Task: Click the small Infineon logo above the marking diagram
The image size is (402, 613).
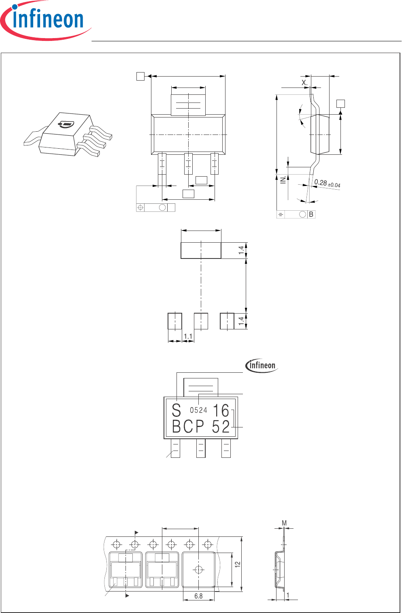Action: click(262, 365)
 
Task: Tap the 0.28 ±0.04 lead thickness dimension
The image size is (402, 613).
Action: click(327, 184)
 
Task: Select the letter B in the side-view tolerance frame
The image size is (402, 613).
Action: click(311, 214)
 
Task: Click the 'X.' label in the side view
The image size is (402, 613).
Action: click(305, 82)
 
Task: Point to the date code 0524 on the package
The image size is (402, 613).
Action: click(198, 410)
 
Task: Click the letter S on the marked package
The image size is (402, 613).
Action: click(176, 410)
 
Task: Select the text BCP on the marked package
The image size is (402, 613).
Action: click(188, 427)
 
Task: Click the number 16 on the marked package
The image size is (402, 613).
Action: click(221, 410)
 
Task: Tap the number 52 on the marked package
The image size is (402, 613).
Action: click(221, 427)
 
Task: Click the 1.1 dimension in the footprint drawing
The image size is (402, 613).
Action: click(188, 336)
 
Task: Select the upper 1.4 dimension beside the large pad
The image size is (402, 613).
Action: click(241, 250)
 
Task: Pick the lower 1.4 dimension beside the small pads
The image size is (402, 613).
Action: click(241, 321)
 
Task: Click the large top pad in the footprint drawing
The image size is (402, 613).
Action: click(201, 250)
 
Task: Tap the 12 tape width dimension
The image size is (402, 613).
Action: click(238, 564)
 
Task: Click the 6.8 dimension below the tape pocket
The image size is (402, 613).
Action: click(198, 596)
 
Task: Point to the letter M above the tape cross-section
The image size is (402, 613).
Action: click(284, 523)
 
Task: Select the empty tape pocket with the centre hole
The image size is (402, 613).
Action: click(199, 570)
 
